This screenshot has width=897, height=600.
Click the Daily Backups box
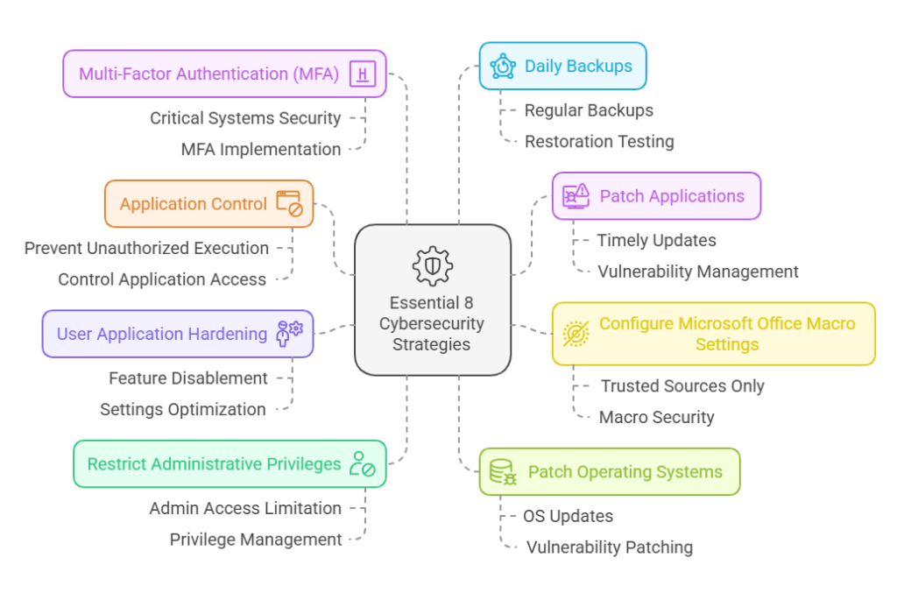pos(562,66)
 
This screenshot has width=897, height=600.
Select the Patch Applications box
pos(656,195)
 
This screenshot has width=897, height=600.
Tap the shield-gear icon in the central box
pos(431,266)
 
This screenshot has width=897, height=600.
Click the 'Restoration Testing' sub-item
pos(599,142)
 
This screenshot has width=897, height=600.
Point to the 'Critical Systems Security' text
pos(245,118)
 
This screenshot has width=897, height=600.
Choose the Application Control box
pos(208,204)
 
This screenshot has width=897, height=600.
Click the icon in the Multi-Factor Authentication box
pos(362,74)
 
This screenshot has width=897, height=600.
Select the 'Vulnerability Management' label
pos(698,272)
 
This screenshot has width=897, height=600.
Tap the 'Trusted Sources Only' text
pos(682,386)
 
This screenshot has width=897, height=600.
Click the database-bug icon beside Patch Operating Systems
pos(504,472)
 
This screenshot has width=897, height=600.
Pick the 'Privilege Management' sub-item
pos(256,540)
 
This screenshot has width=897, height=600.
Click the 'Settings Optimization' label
pos(182,410)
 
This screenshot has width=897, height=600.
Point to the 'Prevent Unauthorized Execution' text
pos(146,249)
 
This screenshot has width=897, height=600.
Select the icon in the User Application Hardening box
pos(289,334)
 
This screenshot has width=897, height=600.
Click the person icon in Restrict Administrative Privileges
pos(362,464)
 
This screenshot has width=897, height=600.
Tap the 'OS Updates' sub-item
pos(568,516)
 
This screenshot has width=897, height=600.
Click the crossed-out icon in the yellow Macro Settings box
pos(576,334)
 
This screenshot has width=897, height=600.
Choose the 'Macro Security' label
pos(656,418)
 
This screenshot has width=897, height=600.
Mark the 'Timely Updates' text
pos(657,241)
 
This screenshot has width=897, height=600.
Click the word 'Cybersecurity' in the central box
pos(431,324)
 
